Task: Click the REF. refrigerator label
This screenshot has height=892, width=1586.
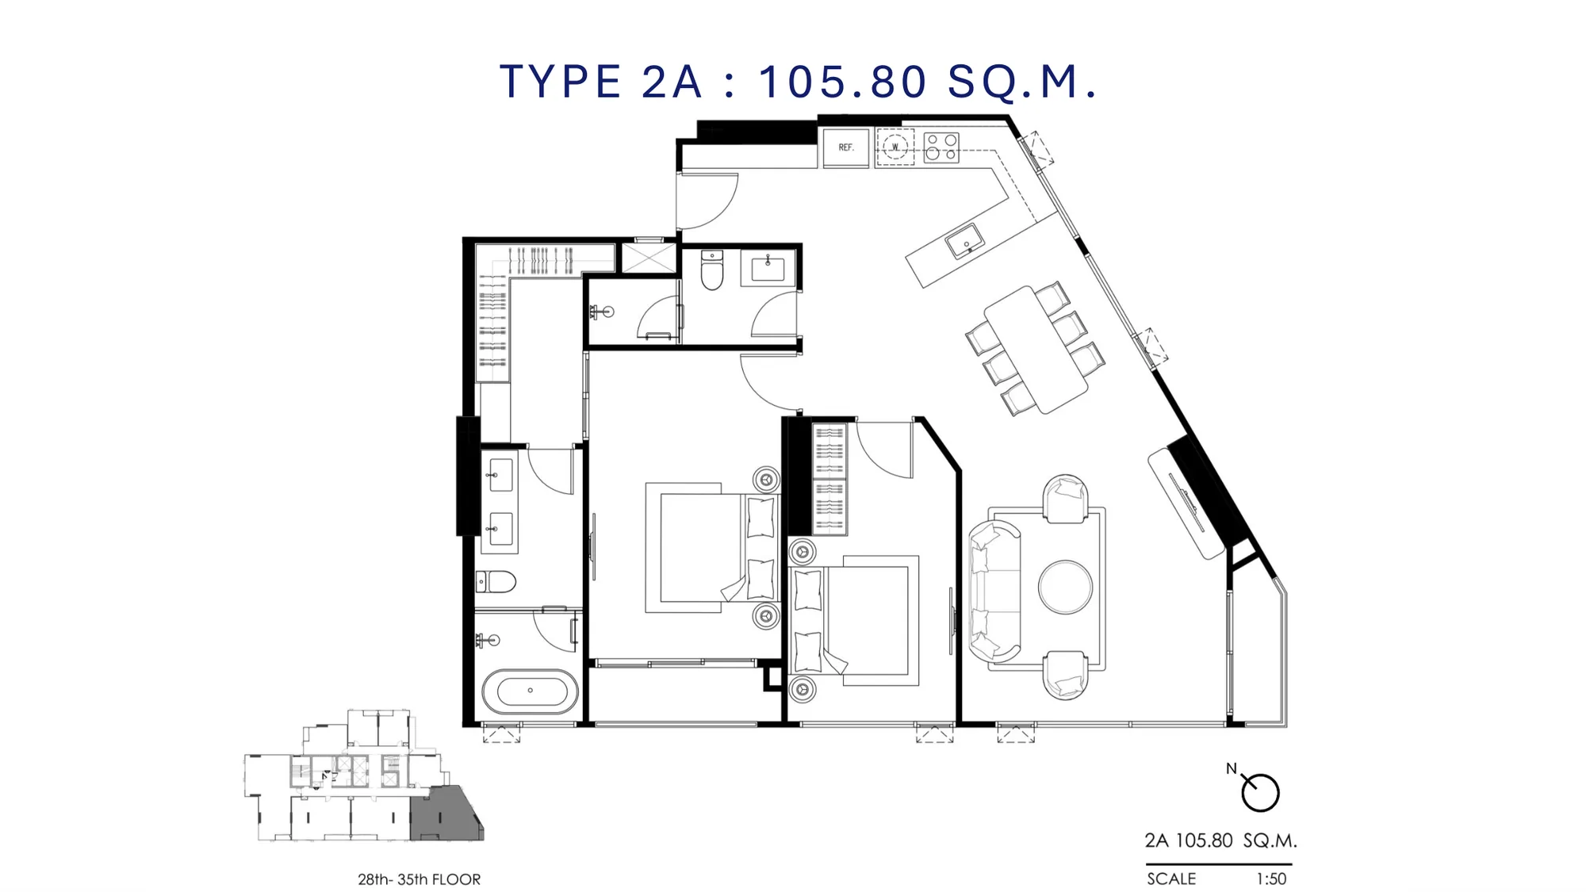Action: coord(846,147)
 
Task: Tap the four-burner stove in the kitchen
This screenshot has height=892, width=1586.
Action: coord(941,147)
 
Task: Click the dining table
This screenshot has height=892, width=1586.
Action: coord(1036,350)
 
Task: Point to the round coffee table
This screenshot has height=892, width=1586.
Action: coord(1065,588)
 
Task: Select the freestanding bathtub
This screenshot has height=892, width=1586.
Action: coord(530,691)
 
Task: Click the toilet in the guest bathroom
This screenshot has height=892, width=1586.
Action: coord(712,270)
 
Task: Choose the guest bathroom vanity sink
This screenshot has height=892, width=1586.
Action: coord(768,268)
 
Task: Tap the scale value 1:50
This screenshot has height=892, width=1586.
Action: coord(1271,879)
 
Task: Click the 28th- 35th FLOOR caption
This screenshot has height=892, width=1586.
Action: coord(419,879)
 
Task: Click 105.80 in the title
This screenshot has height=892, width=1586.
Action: coord(842,82)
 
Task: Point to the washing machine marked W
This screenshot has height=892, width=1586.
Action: coord(895,147)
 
